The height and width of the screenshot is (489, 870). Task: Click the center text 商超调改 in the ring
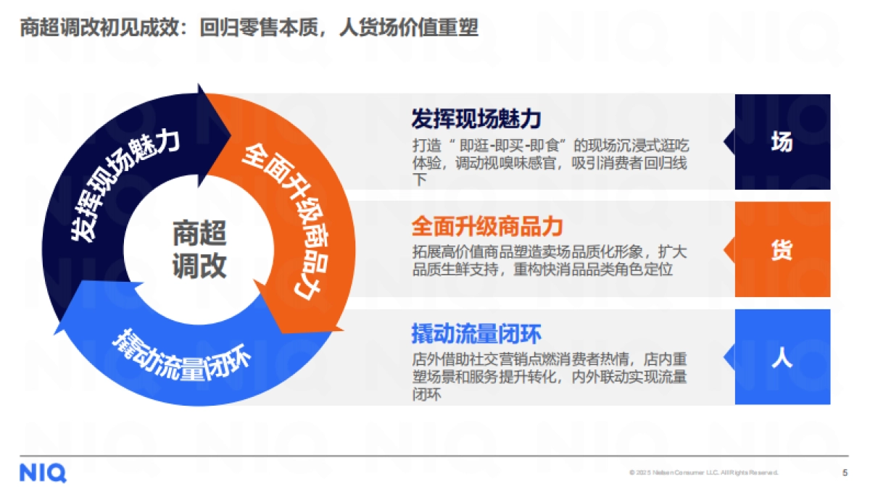(199, 250)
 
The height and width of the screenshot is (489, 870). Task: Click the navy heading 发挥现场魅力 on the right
(476, 118)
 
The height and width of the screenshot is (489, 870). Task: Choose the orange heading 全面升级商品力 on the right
(487, 226)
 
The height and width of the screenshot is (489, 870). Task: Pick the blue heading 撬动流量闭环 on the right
(476, 334)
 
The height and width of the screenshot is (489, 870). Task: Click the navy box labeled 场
(782, 143)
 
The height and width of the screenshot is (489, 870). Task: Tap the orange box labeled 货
(782, 250)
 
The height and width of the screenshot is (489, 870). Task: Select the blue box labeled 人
(782, 357)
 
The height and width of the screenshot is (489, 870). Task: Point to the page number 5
(845, 473)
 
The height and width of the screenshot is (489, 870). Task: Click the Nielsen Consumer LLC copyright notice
(703, 473)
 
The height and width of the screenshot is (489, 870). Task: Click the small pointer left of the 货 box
(729, 250)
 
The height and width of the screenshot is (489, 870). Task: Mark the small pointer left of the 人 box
(729, 357)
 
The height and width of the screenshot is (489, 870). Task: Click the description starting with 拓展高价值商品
(549, 261)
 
